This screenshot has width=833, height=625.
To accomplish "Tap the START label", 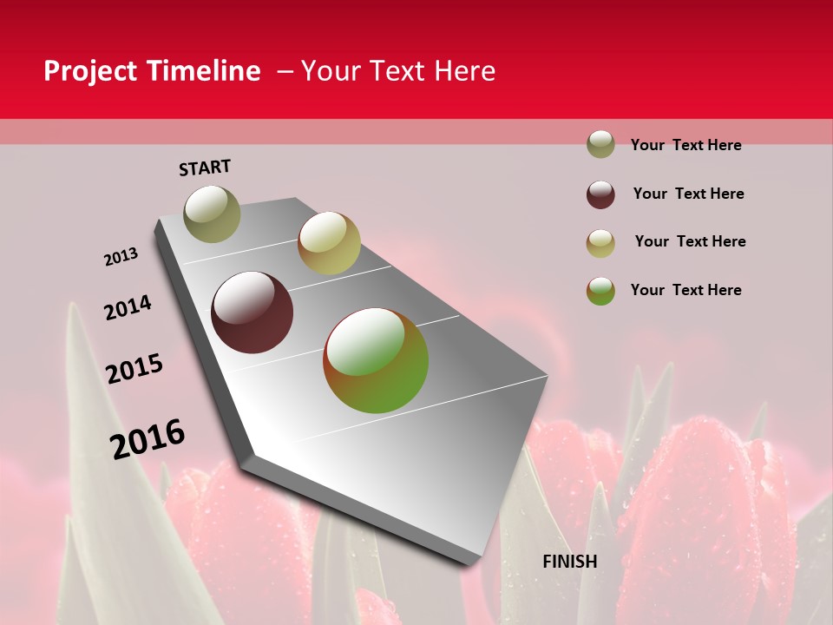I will (x=205, y=168).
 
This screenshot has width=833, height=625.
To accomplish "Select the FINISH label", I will (x=570, y=562).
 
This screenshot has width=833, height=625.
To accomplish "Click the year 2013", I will (x=121, y=257).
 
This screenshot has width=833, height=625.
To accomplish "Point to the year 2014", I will (x=128, y=307).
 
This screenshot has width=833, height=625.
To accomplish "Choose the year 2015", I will (x=134, y=369).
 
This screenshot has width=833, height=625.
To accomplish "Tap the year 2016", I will (x=148, y=438).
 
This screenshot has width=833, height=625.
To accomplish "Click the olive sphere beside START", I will (x=212, y=214).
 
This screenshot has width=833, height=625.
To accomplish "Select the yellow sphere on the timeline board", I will (x=329, y=243).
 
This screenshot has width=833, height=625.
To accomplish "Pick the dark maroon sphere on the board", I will (x=253, y=312).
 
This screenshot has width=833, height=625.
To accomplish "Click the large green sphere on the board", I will (x=376, y=360).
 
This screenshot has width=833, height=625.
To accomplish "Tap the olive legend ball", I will (x=600, y=145).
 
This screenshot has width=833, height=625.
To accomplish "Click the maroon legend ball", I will (x=600, y=194).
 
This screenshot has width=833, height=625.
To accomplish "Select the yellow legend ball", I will (x=600, y=243).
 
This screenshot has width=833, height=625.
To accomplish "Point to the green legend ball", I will (x=600, y=291).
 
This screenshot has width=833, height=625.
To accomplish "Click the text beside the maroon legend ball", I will (x=688, y=194).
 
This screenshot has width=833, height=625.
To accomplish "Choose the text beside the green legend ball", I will (x=685, y=290).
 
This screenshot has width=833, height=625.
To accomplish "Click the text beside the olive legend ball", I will (x=685, y=145).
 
